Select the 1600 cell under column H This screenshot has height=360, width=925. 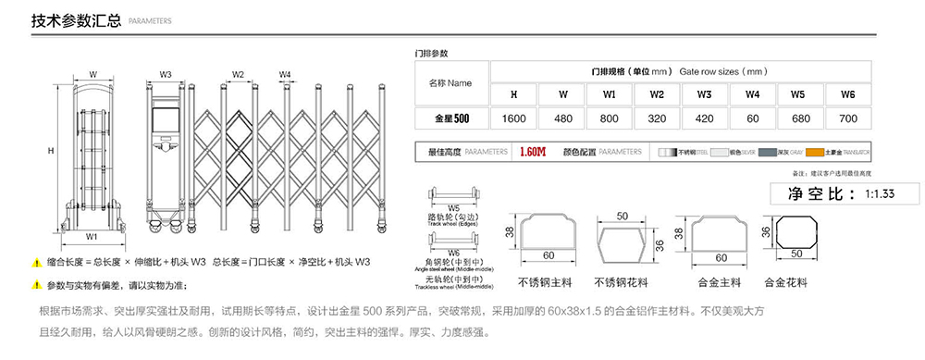pyautogui.click(x=513, y=118)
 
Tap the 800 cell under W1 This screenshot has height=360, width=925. pyautogui.click(x=610, y=118)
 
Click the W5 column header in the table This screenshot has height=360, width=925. pyautogui.click(x=800, y=94)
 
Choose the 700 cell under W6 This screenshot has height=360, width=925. pyautogui.click(x=848, y=118)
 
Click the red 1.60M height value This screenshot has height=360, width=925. pyautogui.click(x=533, y=152)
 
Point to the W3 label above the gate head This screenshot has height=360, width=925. pyautogui.click(x=166, y=73)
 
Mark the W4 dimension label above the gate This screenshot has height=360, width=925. pyautogui.click(x=285, y=73)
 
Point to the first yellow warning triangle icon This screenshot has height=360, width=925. pyautogui.click(x=37, y=263)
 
